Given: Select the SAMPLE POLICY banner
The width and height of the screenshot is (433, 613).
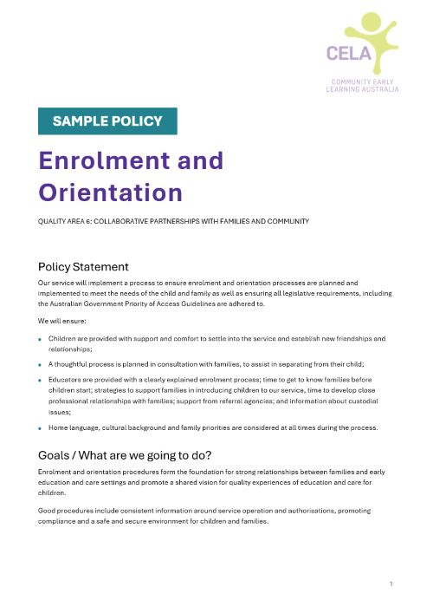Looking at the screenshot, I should [107, 121].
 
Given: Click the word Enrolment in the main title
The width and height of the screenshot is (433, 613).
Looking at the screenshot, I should [131, 160].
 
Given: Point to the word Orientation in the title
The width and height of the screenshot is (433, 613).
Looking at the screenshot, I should [111, 192].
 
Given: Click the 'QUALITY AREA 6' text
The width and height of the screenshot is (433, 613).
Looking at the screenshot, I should [66, 221].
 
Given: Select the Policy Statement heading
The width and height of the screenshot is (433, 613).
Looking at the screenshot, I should [83, 266].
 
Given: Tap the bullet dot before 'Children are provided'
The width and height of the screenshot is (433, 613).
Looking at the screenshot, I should [39, 339].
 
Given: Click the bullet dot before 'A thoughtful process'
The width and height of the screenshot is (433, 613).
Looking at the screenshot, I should [39, 365].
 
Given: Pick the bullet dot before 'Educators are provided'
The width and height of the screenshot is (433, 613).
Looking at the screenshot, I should [39, 380].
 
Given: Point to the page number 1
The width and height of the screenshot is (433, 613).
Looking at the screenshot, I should [391, 584].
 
